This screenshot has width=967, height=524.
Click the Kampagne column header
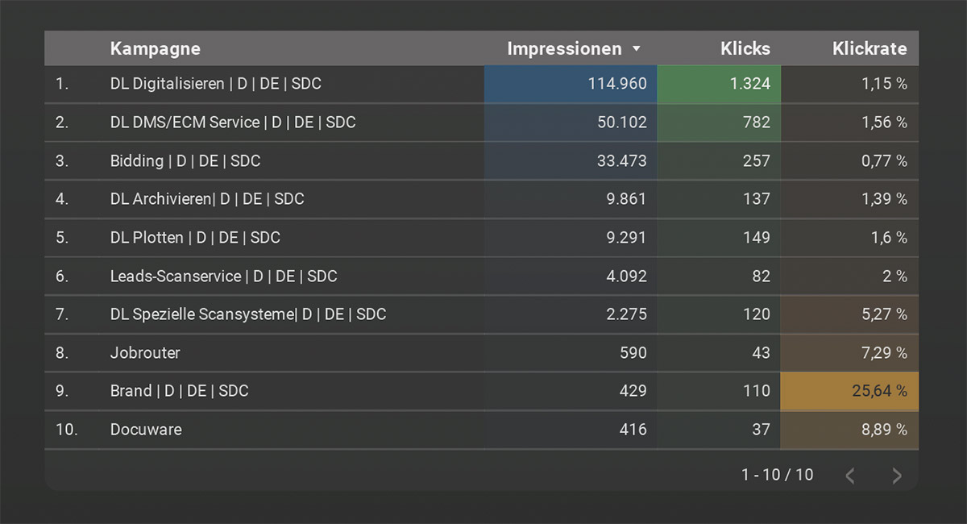pyautogui.click(x=156, y=49)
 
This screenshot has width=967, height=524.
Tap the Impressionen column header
pyautogui.click(x=564, y=49)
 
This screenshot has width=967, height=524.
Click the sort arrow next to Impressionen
pyautogui.click(x=637, y=49)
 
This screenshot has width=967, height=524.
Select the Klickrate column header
pyautogui.click(x=869, y=49)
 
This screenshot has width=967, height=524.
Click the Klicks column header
pyautogui.click(x=745, y=49)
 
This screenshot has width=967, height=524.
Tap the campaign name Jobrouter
pyautogui.click(x=145, y=353)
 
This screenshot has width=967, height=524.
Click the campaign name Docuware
pyautogui.click(x=146, y=430)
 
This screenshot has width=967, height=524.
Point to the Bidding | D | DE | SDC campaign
pyautogui.click(x=185, y=161)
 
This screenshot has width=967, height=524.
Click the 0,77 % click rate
pyautogui.click(x=884, y=161)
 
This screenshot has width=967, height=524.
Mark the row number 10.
pyautogui.click(x=66, y=430)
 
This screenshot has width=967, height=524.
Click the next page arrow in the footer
pyautogui.click(x=897, y=476)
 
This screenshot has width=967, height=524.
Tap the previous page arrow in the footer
pyautogui.click(x=850, y=476)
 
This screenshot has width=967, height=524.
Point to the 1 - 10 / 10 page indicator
pyautogui.click(x=777, y=475)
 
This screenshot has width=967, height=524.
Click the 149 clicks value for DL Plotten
pyautogui.click(x=756, y=238)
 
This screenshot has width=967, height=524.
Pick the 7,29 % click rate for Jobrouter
pyautogui.click(x=884, y=353)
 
